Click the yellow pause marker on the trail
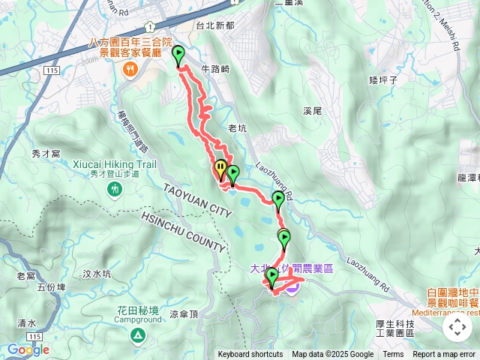tap(220, 169)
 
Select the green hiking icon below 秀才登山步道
tap(115, 190)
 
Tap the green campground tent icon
tap(138, 334)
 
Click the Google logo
tap(28, 349)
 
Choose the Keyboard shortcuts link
tap(250, 355)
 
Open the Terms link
tap(393, 355)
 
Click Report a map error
tap(445, 355)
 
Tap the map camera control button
tap(457, 327)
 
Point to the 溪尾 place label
tap(313, 110)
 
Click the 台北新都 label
tap(214, 25)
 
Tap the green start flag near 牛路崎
tap(179, 56)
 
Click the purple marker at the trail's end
tap(292, 286)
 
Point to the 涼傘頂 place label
tap(184, 315)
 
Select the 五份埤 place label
tap(52, 286)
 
